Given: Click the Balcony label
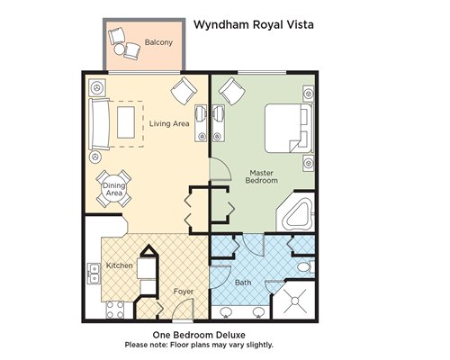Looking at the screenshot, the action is pyautogui.click(x=158, y=42).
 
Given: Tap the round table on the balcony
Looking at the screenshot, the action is pyautogui.click(x=119, y=49).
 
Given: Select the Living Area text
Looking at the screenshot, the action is pyautogui.click(x=169, y=123).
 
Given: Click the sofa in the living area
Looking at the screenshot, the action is pyautogui.click(x=99, y=124).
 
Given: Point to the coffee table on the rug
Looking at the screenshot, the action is pyautogui.click(x=126, y=122).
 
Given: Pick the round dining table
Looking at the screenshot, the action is pyautogui.click(x=114, y=189).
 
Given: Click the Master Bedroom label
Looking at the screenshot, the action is pyautogui.click(x=261, y=176).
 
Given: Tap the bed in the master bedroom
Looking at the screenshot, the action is pyautogui.click(x=289, y=128).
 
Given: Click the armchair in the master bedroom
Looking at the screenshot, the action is pyautogui.click(x=231, y=91).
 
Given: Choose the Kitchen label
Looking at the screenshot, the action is pyautogui.click(x=120, y=265).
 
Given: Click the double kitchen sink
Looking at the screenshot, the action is pyautogui.click(x=94, y=274).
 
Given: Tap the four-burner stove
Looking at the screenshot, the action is pyautogui.click(x=115, y=310).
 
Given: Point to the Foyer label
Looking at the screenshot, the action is pyautogui.click(x=184, y=292).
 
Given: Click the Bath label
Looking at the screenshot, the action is pyautogui.click(x=243, y=283).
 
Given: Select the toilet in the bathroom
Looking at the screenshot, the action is pyautogui.click(x=305, y=267).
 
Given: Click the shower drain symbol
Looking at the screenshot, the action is pyautogui.click(x=295, y=301).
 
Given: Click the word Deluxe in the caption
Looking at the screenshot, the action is pyautogui.click(x=230, y=335).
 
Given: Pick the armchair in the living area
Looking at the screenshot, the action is pyautogui.click(x=184, y=91).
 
